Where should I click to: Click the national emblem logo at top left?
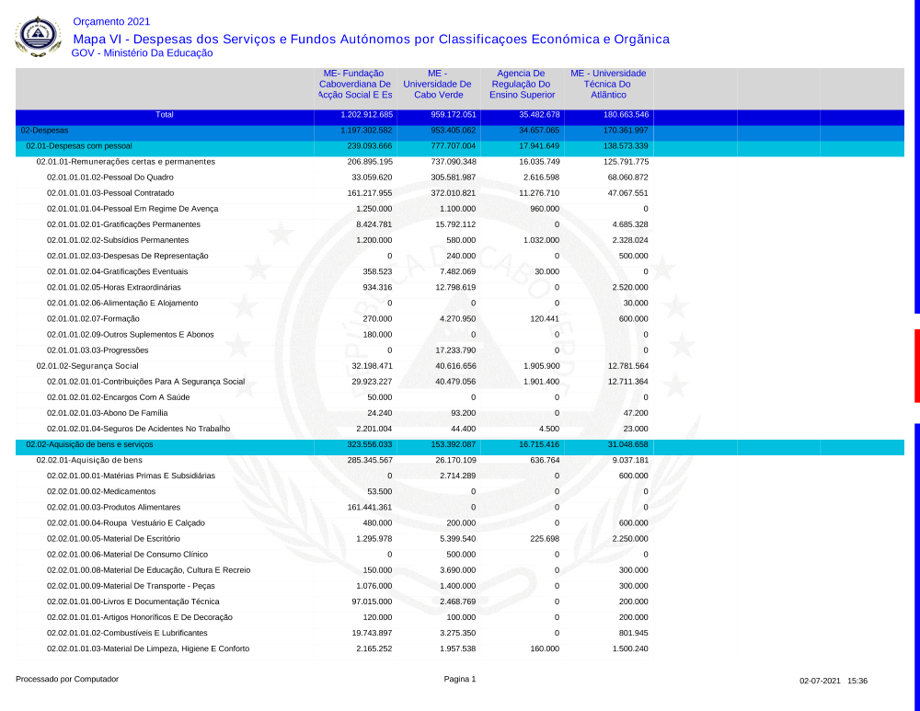(38, 36)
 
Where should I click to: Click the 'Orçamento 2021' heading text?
(110, 21)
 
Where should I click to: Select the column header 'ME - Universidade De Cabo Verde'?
(437, 84)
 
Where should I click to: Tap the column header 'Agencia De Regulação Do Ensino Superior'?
(522, 84)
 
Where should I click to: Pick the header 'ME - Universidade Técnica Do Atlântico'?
(608, 84)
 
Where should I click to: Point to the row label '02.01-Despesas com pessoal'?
(79, 146)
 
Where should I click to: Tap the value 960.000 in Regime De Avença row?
(545, 209)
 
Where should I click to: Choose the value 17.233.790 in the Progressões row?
(455, 350)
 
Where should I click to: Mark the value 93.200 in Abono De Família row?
(462, 413)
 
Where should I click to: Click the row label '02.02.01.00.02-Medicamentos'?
(98, 491)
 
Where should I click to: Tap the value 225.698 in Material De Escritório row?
(543, 538)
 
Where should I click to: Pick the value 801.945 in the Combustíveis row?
(632, 633)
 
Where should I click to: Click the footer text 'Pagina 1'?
(460, 680)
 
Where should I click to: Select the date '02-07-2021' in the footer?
(820, 681)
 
